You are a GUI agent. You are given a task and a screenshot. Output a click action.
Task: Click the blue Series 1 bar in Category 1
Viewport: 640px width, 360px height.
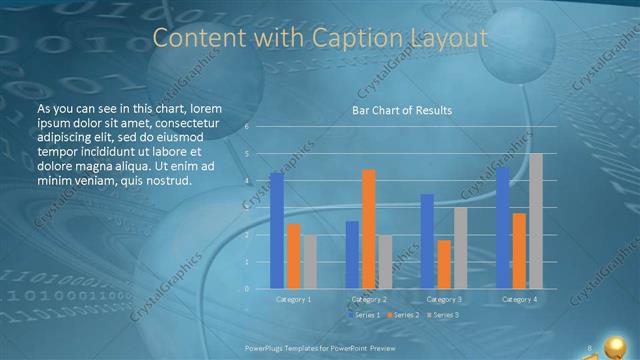(x=276, y=231)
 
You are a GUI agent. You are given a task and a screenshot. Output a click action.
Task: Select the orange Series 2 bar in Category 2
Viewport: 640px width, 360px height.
(x=368, y=229)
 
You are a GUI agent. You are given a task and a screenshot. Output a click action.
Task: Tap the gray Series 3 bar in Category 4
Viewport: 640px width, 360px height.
(x=535, y=221)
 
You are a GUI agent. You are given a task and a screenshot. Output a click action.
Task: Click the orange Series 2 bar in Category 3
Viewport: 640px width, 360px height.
(x=443, y=264)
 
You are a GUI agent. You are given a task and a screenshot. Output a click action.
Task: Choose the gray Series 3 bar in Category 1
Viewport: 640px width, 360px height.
(x=310, y=262)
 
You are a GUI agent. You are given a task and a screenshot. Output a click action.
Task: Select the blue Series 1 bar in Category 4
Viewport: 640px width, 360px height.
(x=502, y=228)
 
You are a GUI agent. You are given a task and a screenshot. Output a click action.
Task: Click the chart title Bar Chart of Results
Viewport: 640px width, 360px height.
(x=402, y=110)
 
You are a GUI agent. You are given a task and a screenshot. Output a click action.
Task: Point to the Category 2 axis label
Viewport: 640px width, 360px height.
(x=368, y=299)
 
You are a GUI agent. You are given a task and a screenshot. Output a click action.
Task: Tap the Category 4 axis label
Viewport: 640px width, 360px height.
(x=519, y=299)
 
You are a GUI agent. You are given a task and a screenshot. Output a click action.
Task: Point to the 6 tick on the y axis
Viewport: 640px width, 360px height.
(x=246, y=127)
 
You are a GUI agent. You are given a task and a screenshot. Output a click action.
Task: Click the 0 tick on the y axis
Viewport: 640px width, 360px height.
(x=246, y=289)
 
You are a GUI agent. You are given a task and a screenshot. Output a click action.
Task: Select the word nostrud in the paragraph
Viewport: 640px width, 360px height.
(x=166, y=181)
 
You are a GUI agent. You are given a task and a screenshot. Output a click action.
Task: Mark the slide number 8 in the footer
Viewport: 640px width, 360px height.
(x=590, y=347)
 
